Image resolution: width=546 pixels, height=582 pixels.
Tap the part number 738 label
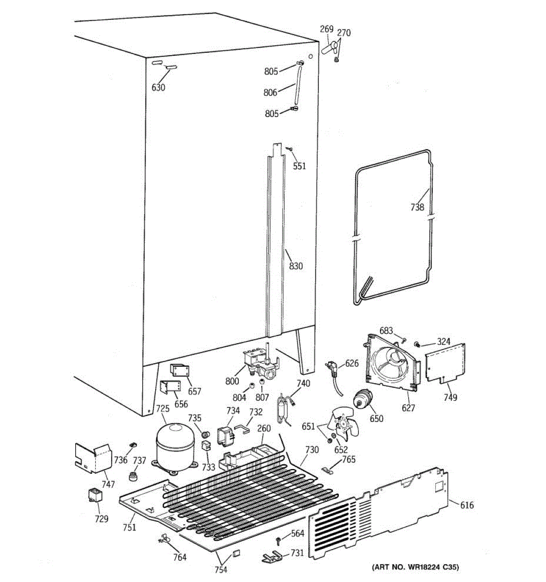417,208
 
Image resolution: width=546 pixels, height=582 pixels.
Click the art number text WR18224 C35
415,567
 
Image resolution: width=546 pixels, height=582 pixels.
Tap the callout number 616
466,505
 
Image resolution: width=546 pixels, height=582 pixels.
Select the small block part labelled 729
96,496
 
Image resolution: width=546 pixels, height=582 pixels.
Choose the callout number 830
296,266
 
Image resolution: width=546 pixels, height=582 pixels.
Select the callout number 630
158,87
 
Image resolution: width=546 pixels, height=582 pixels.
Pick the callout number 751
129,528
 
